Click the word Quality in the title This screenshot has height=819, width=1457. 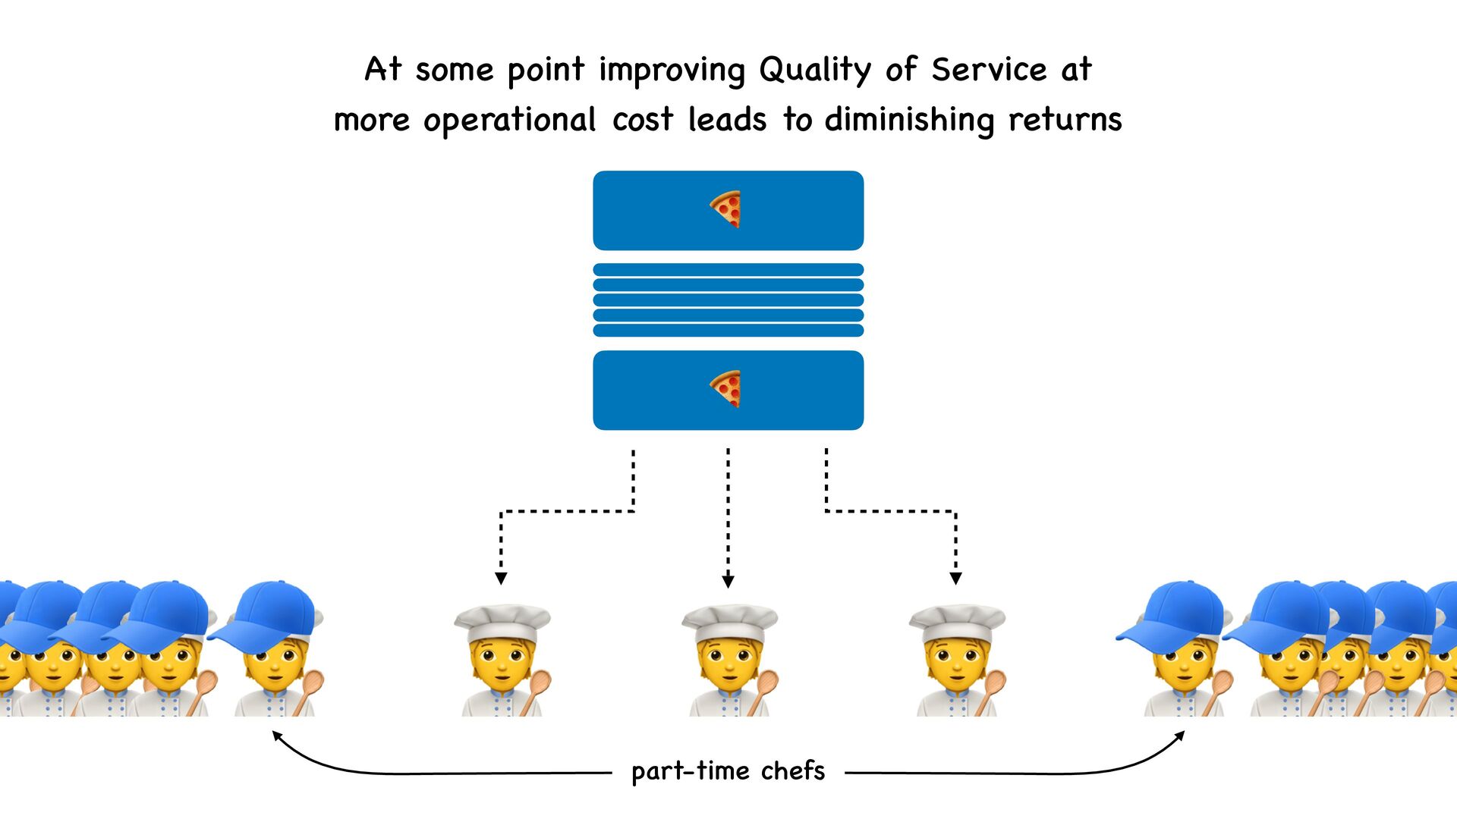[x=815, y=71]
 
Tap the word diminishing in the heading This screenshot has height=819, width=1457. [x=909, y=120]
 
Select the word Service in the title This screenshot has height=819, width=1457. [x=990, y=70]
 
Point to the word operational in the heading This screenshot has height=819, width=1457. [x=510, y=121]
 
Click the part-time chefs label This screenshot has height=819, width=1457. [x=728, y=770]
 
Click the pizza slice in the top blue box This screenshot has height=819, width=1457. [x=726, y=209]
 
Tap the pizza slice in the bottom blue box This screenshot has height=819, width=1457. [x=726, y=389]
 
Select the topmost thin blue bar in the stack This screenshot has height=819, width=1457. [x=728, y=270]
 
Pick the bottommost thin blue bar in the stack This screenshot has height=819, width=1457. [x=728, y=331]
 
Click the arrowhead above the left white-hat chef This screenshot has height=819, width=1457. [x=501, y=579]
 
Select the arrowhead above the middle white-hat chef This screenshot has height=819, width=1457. [x=728, y=582]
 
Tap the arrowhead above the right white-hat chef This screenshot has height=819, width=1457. [x=955, y=579]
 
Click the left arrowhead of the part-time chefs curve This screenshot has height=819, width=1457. [x=278, y=736]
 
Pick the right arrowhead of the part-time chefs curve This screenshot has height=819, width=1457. [x=1179, y=736]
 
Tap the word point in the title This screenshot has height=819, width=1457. [x=546, y=71]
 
